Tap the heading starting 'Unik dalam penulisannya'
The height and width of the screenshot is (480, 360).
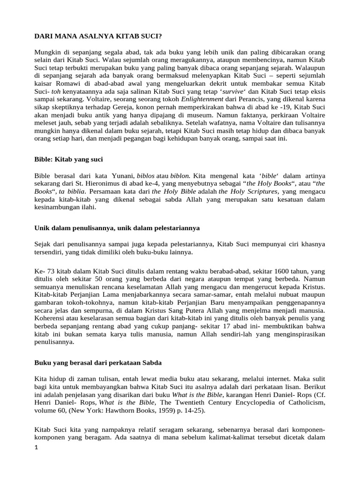[117, 228]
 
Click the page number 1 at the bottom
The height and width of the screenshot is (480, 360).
[37, 448]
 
